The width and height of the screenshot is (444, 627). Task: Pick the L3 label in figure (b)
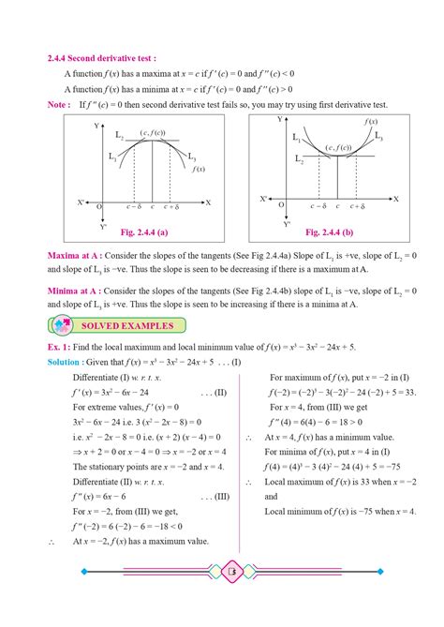[379, 137]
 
